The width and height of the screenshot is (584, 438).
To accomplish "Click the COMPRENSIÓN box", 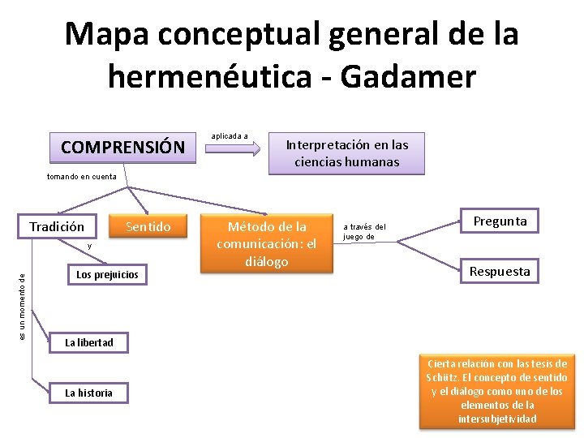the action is click(122, 147).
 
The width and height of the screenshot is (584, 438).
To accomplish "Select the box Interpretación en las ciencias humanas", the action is click(346, 153).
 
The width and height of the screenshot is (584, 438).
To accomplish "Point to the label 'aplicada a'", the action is click(230, 135).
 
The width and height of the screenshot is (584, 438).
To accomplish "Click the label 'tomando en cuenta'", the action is click(81, 177).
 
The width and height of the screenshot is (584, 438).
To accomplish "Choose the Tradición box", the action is click(57, 226).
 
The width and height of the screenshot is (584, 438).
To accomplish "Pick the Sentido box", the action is click(148, 226).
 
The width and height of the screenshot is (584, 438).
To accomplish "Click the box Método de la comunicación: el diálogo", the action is click(268, 243).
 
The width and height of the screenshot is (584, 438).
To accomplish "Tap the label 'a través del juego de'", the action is click(364, 232).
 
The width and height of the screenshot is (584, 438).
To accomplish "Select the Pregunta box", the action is click(500, 221).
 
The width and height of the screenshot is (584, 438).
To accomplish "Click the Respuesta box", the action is click(500, 271).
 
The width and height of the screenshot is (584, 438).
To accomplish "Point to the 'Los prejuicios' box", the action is click(107, 274).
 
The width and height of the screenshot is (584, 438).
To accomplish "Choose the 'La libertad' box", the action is click(89, 342).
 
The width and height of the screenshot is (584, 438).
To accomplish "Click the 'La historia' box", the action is click(89, 393).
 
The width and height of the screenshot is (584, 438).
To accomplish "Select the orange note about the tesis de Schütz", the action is click(496, 391).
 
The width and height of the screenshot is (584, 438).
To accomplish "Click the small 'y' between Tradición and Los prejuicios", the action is click(90, 245).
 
